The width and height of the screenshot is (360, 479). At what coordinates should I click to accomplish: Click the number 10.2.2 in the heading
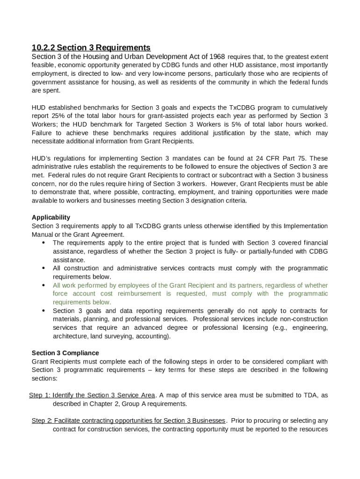click(43, 48)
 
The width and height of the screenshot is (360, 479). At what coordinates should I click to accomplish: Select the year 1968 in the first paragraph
click(217, 57)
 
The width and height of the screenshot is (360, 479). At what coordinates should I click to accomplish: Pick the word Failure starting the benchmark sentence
click(43, 133)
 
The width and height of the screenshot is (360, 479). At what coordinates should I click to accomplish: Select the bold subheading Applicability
click(51, 217)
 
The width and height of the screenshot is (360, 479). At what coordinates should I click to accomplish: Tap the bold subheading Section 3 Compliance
click(65, 353)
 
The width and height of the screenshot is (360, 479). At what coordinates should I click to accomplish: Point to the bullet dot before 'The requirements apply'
click(43, 242)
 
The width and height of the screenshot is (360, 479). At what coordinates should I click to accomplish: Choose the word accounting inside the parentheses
click(152, 336)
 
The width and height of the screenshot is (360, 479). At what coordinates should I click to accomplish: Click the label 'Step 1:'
click(40, 395)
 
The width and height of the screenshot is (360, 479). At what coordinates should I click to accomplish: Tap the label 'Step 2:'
click(42, 421)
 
